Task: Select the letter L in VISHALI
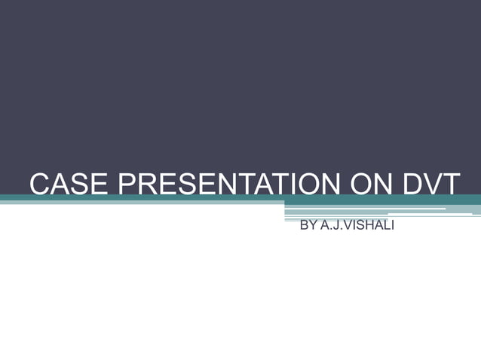pos(386,225)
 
